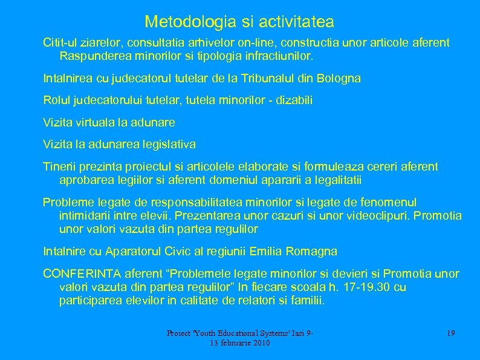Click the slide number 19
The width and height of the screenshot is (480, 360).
click(x=450, y=333)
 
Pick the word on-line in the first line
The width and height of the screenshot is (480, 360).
click(x=250, y=44)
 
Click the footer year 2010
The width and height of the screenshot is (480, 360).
click(x=259, y=343)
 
